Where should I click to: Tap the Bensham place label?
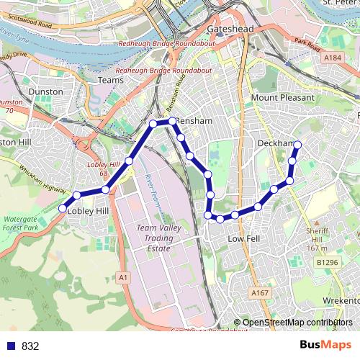click(x=195, y=121)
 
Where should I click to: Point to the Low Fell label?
click(x=243, y=238)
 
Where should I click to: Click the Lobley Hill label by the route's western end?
click(x=87, y=211)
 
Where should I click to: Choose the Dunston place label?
click(x=46, y=92)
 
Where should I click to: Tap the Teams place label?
click(x=110, y=80)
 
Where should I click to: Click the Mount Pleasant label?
click(x=283, y=97)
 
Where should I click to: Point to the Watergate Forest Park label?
click(x=20, y=223)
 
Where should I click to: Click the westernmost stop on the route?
click(x=62, y=209)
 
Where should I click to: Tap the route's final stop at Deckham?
click(x=297, y=145)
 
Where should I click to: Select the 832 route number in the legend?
click(x=30, y=346)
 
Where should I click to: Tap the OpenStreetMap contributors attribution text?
click(x=298, y=323)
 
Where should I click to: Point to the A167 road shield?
click(x=260, y=292)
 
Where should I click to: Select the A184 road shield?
click(x=332, y=57)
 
